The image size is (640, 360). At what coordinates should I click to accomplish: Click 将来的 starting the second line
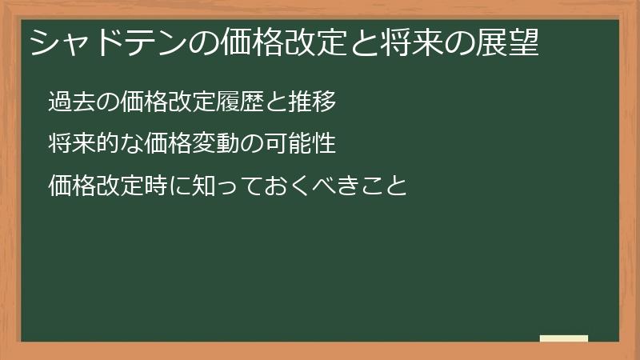(83, 145)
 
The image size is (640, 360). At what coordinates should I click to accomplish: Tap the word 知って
(227, 187)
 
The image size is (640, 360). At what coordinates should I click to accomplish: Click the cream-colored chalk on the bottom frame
(564, 338)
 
